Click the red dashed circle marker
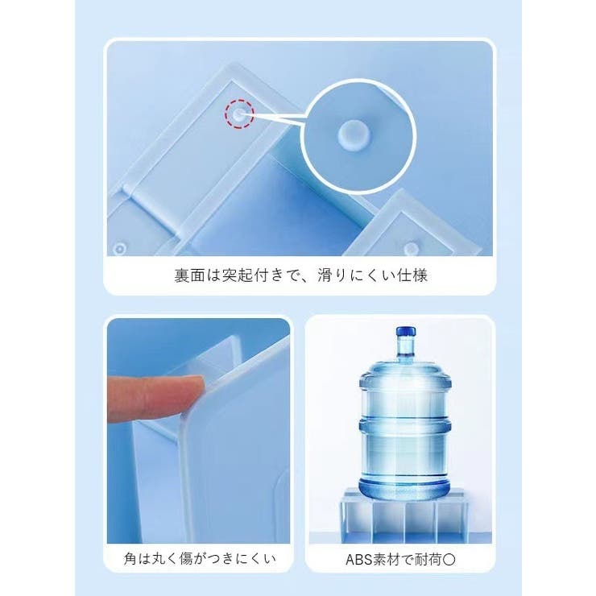click(x=239, y=114)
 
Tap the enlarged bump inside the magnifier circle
click(x=354, y=136)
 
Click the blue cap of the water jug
click(x=406, y=332)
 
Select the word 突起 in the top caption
click(x=238, y=275)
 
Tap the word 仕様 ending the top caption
click(x=412, y=275)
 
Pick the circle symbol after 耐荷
click(x=449, y=560)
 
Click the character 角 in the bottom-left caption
click(x=130, y=558)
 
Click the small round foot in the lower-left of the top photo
click(x=119, y=249)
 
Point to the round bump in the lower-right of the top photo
click(x=411, y=249)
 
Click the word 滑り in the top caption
click(x=333, y=275)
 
